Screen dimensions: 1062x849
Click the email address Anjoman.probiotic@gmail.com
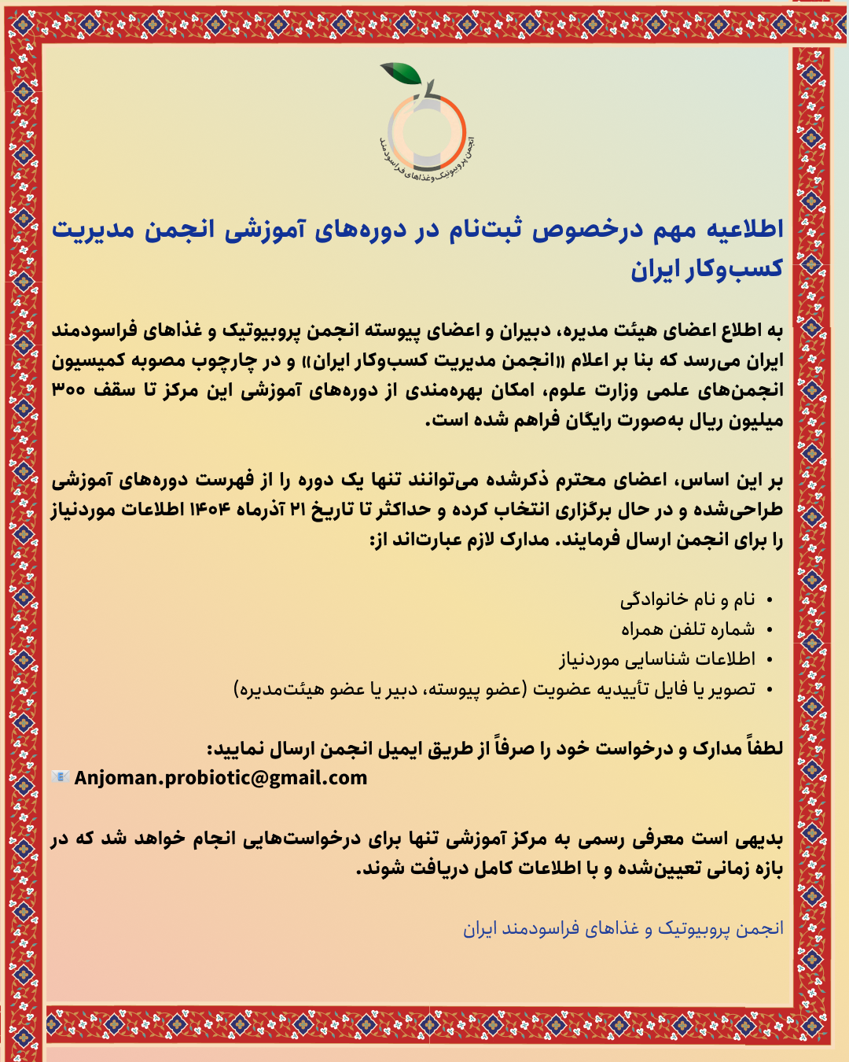click(x=221, y=778)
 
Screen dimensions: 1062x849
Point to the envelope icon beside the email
click(x=61, y=777)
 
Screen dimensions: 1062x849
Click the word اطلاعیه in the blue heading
click(x=744, y=229)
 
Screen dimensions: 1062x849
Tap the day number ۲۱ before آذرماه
click(x=297, y=511)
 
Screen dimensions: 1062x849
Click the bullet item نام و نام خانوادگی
click(x=687, y=600)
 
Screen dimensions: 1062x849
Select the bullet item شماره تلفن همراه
click(x=688, y=629)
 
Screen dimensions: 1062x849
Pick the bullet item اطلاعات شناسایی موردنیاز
click(x=657, y=659)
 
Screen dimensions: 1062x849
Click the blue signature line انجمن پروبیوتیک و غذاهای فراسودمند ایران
click(x=623, y=929)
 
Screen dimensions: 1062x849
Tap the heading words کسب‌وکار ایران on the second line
click(x=707, y=269)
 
